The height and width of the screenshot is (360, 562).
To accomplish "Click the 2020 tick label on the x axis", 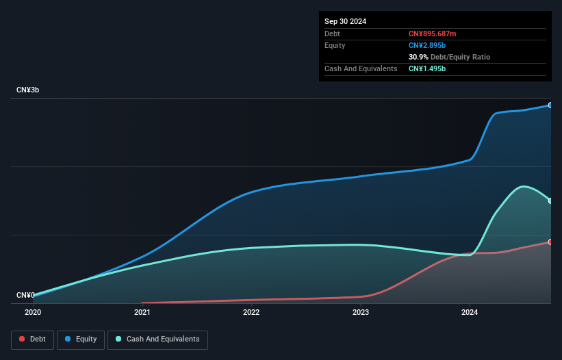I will pos(33,312).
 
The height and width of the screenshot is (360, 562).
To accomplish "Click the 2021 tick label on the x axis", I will pos(142,312).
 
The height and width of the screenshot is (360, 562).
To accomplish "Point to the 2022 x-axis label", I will pos(251,312).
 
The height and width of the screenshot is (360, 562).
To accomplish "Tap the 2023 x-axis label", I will pos(361,312).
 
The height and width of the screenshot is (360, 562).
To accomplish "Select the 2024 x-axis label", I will pos(470,312).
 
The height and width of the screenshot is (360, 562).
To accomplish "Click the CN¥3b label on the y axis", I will pos(27,90).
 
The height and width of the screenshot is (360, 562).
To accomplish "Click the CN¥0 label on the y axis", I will pos(25,296).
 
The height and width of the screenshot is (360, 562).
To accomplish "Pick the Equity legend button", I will pos(81,339).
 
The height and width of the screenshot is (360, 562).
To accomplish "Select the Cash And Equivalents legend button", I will pos(157,339).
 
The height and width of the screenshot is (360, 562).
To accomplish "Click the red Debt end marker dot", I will pos(550,242).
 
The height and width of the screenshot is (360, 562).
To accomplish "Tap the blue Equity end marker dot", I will pos(550,105).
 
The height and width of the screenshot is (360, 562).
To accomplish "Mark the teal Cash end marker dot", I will pos(550,201).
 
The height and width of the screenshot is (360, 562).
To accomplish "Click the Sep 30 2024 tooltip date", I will pos(345,21).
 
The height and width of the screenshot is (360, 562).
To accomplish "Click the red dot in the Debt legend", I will pos(23,339).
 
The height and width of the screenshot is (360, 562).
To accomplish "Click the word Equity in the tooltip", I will pos(335,45).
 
